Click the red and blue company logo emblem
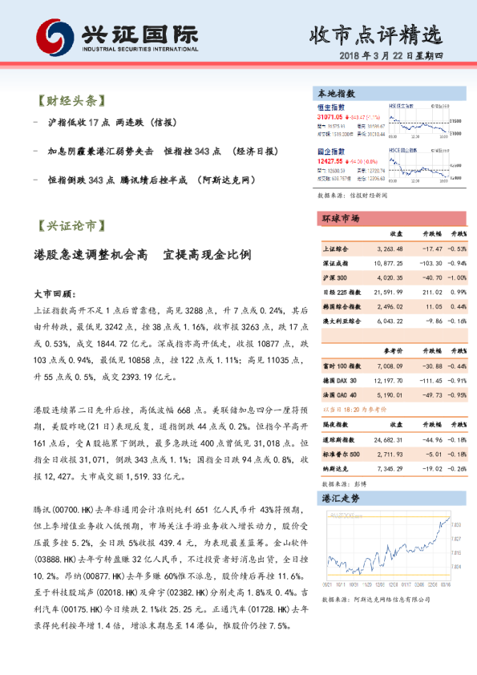point(52,36)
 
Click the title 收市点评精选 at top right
point(375,34)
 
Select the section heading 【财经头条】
point(71,102)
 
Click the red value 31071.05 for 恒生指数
point(330,116)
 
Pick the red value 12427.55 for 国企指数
point(330,160)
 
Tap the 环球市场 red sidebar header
point(340,219)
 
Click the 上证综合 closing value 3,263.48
point(389,249)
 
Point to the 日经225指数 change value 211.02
point(431,292)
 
